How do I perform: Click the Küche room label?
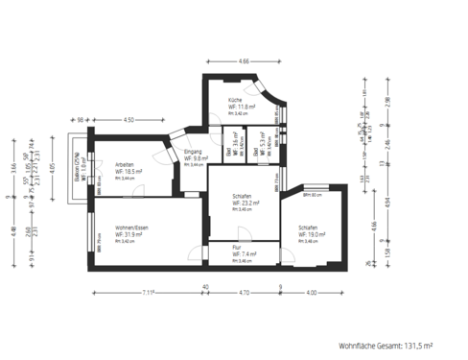point(235,100)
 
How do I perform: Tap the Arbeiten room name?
point(125,164)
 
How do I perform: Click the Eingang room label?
point(193,152)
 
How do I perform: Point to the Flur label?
point(237,247)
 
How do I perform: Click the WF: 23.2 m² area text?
point(247,204)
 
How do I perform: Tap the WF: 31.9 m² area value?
point(130,234)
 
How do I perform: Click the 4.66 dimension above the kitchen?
point(244,61)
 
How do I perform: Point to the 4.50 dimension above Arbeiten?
point(129,119)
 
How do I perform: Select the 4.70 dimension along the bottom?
point(244,291)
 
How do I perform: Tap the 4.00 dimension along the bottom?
point(311,291)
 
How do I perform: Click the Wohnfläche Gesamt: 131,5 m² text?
point(386,343)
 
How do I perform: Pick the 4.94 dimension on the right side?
point(387,203)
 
